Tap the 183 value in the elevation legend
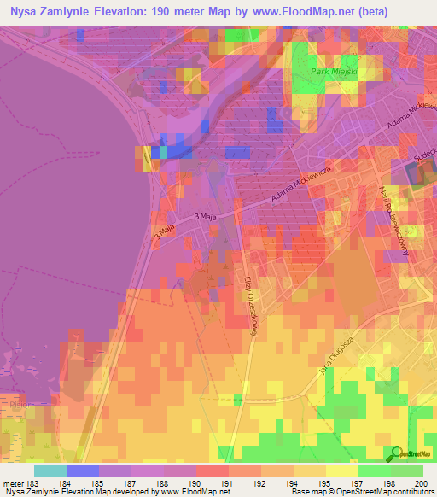(32, 483)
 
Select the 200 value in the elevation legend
(417, 483)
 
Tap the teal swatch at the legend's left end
(50, 471)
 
